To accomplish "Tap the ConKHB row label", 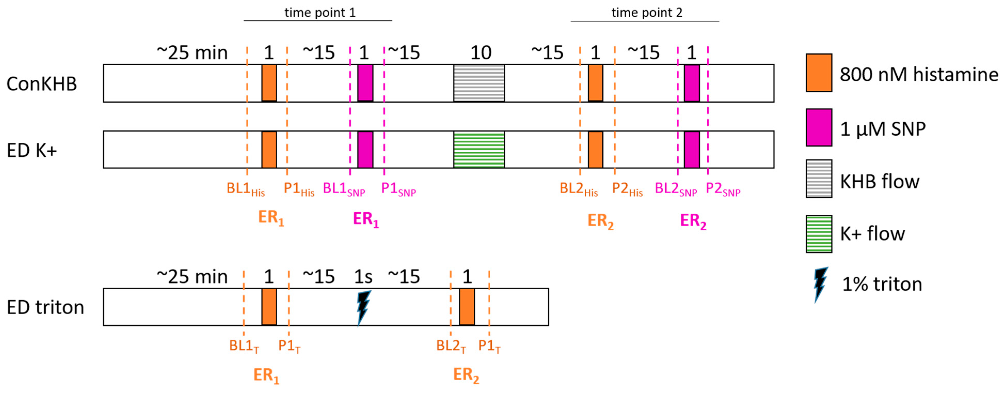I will click(x=42, y=83).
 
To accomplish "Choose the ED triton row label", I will click(x=45, y=307).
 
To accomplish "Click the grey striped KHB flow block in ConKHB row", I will click(x=479, y=83).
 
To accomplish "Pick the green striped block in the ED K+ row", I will click(x=479, y=150).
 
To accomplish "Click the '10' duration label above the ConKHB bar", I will click(x=480, y=53).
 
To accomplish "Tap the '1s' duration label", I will click(x=363, y=277).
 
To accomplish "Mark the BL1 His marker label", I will click(x=245, y=189).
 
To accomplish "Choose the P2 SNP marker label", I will click(x=723, y=189).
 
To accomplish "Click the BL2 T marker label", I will click(x=451, y=346).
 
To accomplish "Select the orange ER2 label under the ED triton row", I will click(x=466, y=375).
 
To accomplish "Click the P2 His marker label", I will click(x=627, y=189).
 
